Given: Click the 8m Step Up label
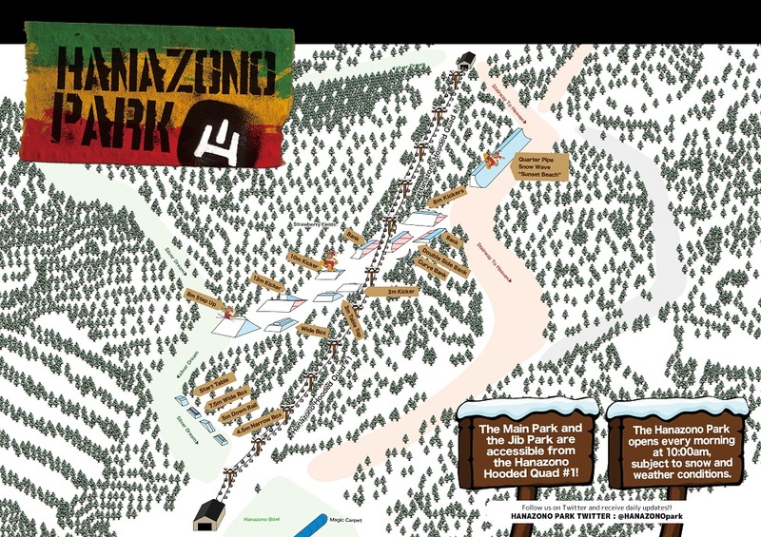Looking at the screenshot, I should [x=203, y=304].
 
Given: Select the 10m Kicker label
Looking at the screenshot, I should [x=305, y=262].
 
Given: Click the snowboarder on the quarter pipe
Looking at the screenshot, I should [x=492, y=158].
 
